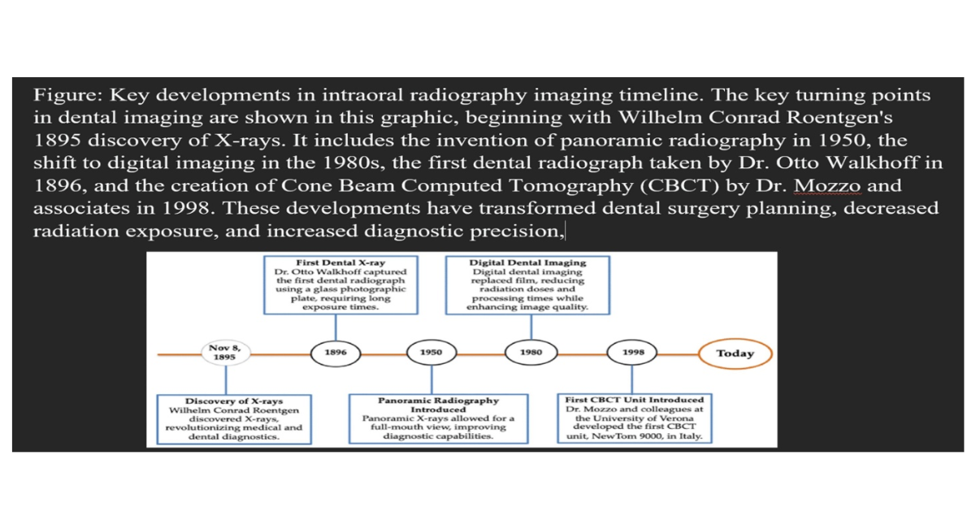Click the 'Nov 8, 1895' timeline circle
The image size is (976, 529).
(x=225, y=353)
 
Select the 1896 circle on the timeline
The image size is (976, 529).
(x=336, y=353)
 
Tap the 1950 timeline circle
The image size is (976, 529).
(x=431, y=353)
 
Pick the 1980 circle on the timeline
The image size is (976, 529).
(x=531, y=353)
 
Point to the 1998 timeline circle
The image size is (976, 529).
(x=632, y=353)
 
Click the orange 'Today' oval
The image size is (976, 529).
(x=735, y=353)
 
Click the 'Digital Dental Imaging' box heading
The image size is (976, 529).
(x=527, y=262)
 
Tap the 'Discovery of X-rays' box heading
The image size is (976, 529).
(x=234, y=401)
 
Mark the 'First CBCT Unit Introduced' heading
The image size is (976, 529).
(x=635, y=400)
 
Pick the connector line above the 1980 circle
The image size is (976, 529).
(x=531, y=327)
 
